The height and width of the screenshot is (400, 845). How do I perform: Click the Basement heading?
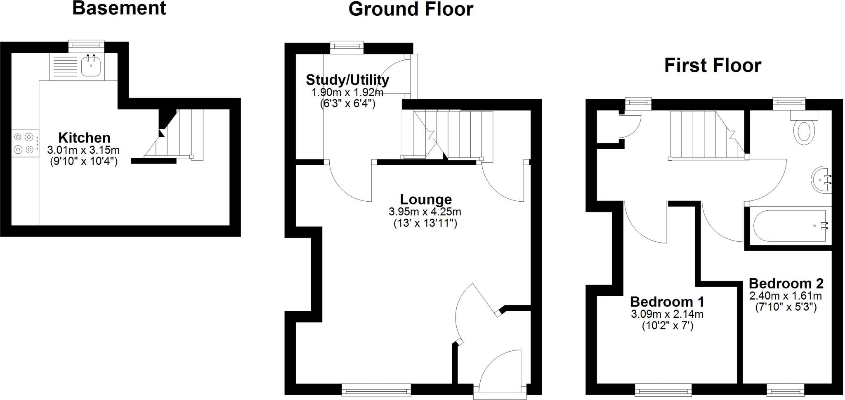point(119,8)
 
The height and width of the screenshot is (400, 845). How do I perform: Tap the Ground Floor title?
point(411,9)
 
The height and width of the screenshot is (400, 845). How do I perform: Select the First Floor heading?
point(713,65)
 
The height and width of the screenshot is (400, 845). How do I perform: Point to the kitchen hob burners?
point(23,143)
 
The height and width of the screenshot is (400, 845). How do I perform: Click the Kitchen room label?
point(84,138)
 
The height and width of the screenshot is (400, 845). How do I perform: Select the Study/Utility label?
point(347,79)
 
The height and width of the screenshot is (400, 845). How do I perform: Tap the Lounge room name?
point(426,199)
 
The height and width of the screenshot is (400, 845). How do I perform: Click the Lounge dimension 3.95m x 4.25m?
point(425,212)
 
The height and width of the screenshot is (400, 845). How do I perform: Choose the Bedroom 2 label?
point(786,283)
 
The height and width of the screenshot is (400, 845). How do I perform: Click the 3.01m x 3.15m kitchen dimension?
point(83,150)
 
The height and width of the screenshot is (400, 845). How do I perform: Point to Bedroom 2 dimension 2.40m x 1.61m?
point(786,296)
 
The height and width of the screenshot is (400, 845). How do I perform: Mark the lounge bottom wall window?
point(376,389)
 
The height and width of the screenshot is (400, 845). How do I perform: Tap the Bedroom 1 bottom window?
point(663,389)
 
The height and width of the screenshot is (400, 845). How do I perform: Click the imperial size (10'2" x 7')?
point(667,326)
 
